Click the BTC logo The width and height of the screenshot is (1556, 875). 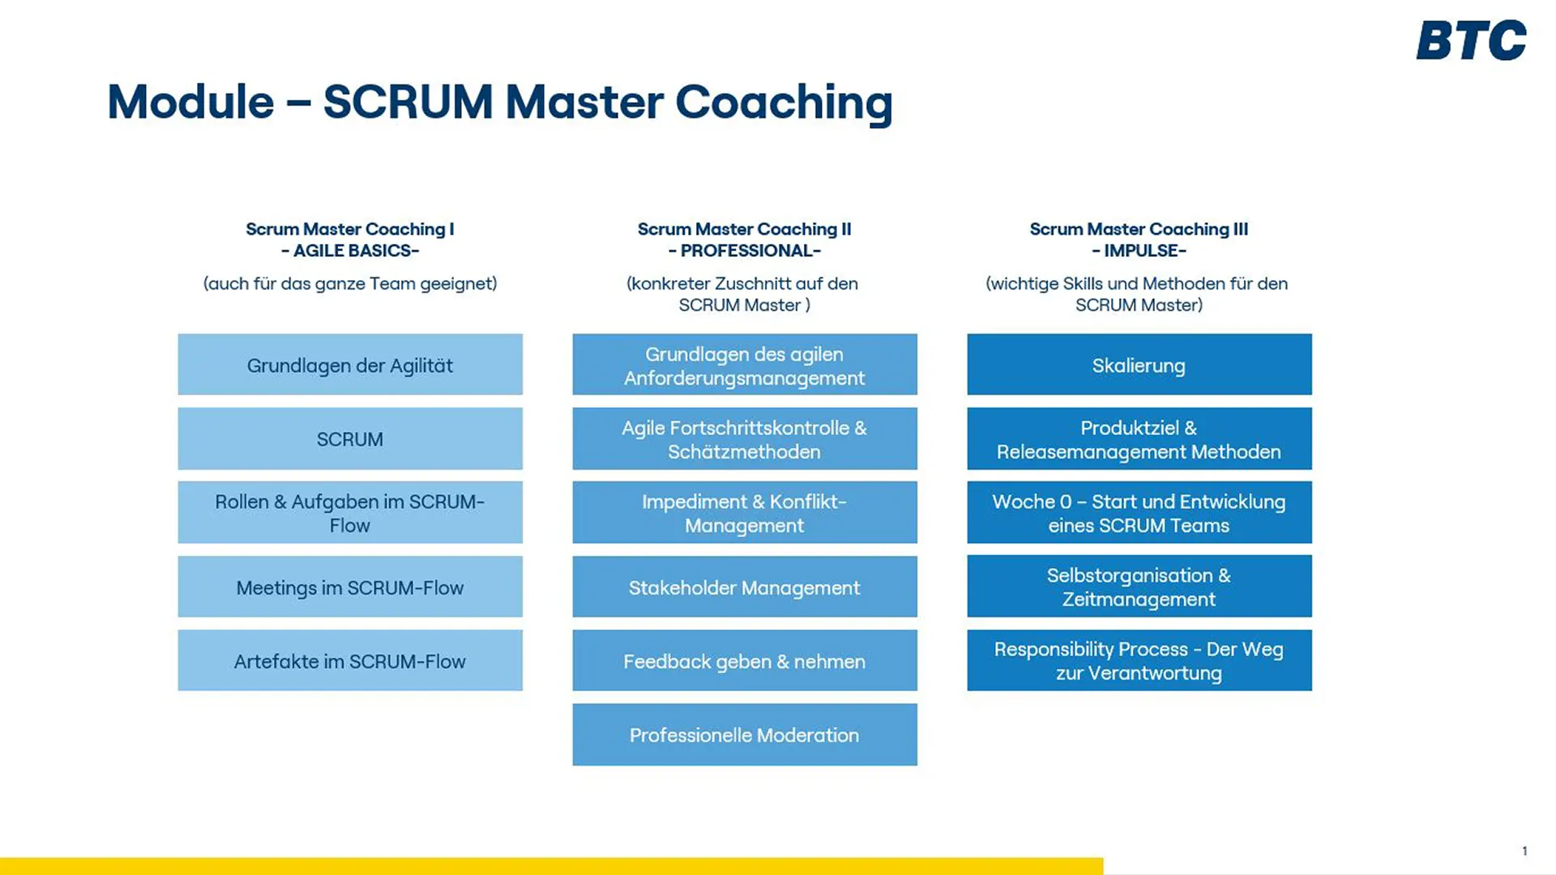(x=1471, y=41)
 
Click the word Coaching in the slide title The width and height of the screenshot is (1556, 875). (x=783, y=103)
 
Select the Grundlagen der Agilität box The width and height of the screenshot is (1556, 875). (x=350, y=365)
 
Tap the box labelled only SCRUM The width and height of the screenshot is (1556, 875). (x=350, y=438)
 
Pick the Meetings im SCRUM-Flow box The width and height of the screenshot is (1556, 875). (x=350, y=587)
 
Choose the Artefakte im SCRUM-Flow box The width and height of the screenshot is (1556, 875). (x=350, y=660)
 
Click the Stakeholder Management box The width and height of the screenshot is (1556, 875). (x=744, y=587)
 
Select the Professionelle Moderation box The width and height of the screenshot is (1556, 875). (x=744, y=734)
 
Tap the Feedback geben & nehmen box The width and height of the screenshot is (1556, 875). (x=744, y=660)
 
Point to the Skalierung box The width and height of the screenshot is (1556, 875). (x=1139, y=365)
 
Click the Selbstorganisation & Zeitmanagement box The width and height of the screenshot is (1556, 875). (x=1139, y=587)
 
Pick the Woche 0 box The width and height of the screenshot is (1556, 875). (x=1139, y=512)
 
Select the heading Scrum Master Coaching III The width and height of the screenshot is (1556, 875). (x=1139, y=229)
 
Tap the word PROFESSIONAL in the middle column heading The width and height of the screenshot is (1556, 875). (x=745, y=251)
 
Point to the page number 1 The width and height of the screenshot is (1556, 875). (x=1524, y=851)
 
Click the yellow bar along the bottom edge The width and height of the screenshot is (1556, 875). (x=551, y=866)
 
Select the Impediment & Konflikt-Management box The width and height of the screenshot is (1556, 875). (x=744, y=512)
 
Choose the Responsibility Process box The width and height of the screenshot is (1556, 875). (x=1139, y=660)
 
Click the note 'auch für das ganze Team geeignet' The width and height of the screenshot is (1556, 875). (x=350, y=284)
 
